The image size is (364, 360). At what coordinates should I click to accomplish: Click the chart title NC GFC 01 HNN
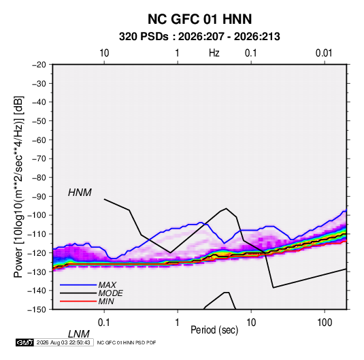point(199,19)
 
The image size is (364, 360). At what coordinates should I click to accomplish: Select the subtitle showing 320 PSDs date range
point(199,37)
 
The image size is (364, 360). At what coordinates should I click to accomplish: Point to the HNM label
point(80,193)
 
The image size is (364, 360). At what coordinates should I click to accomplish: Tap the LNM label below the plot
point(79,334)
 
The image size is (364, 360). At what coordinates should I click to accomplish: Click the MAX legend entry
point(107,284)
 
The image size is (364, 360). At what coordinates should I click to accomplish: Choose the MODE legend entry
point(110,293)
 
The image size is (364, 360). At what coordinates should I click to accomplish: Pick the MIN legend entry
point(106,301)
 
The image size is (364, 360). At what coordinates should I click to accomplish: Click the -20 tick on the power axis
point(39,65)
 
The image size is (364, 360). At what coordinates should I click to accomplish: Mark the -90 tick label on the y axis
point(39,197)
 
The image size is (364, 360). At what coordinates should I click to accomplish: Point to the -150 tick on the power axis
point(37,310)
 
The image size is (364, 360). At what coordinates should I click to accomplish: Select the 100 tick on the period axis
point(325,323)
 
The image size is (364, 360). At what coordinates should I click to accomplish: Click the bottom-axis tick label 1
point(178,323)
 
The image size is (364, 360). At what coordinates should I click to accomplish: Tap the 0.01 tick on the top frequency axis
point(324,53)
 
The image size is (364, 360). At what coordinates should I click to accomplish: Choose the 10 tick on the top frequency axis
point(104,53)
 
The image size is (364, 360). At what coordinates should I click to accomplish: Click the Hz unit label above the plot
point(214,53)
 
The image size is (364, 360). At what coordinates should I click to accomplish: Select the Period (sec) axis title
point(214,330)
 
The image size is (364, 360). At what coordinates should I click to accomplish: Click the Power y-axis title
point(18,186)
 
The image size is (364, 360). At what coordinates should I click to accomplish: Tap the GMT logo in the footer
point(25,342)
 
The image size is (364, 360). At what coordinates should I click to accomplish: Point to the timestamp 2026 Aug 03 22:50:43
point(63,342)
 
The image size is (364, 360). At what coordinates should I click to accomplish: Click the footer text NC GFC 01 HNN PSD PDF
point(127,342)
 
